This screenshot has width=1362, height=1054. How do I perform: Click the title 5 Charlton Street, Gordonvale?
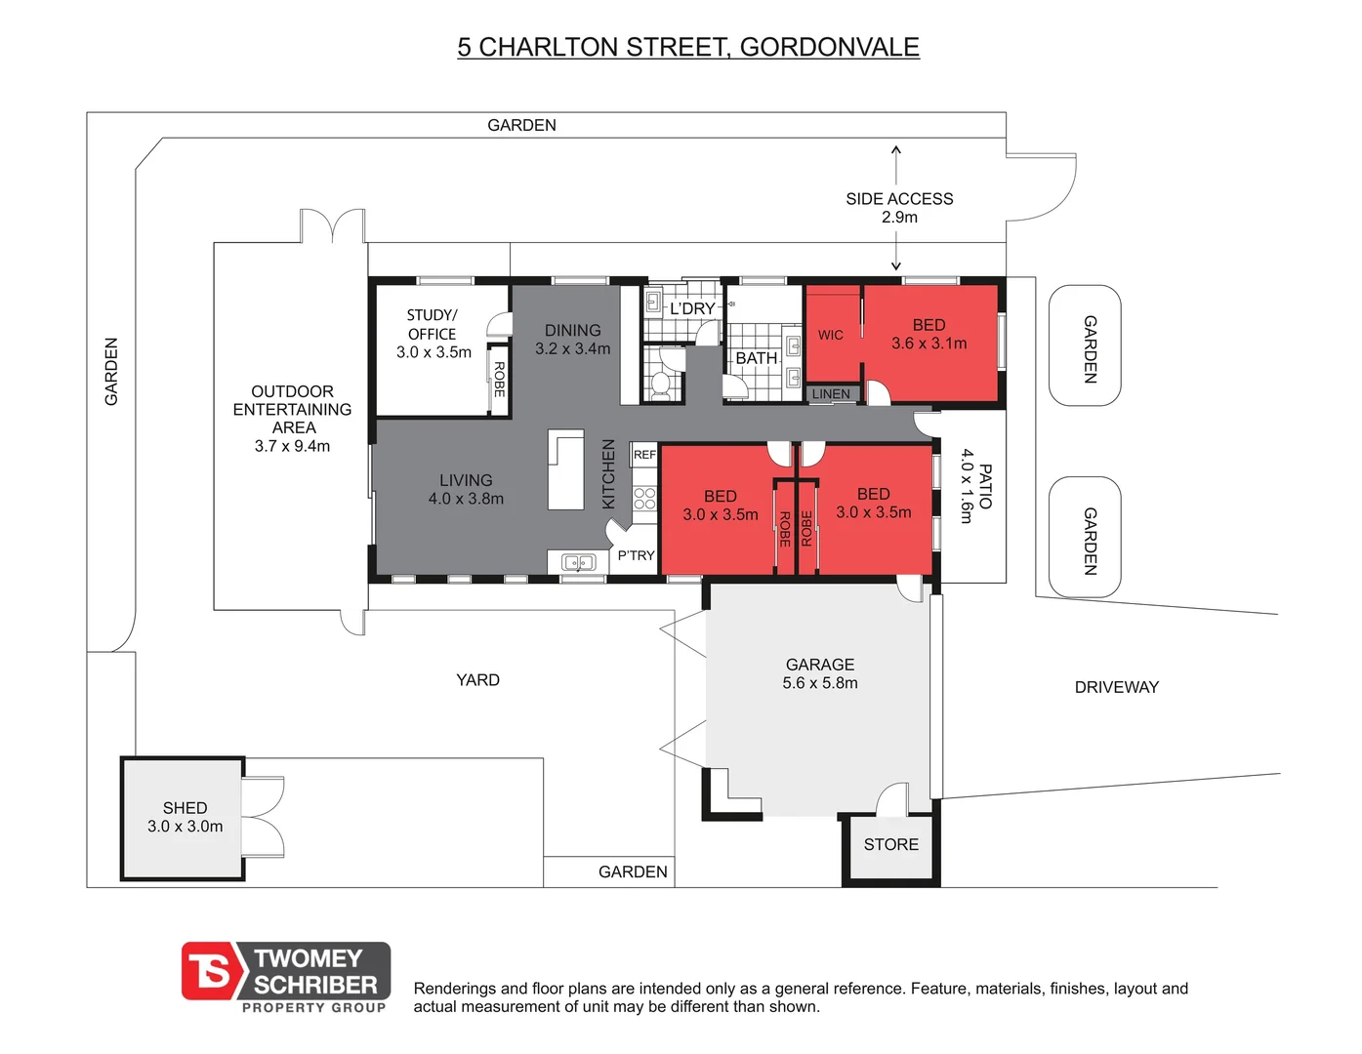click(687, 47)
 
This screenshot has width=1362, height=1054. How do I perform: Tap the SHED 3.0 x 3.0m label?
click(185, 817)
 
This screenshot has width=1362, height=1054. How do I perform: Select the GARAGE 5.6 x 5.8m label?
click(819, 673)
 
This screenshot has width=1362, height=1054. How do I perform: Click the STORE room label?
click(890, 844)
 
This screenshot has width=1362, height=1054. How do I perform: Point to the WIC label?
click(830, 335)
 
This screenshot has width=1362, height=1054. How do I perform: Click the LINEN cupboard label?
click(831, 393)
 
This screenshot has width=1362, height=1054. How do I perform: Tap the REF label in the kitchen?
click(644, 455)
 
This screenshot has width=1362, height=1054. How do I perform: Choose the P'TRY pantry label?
click(636, 555)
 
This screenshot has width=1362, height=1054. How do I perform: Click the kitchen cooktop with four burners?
click(644, 499)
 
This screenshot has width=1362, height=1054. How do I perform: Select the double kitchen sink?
click(579, 562)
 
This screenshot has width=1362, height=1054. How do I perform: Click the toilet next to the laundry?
click(661, 383)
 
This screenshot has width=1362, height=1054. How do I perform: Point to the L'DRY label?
click(691, 308)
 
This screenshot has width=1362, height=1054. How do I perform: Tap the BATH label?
click(756, 358)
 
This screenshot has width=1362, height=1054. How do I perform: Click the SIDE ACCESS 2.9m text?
click(898, 207)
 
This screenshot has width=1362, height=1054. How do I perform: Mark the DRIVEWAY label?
click(1116, 687)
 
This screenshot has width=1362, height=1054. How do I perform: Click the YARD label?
click(477, 680)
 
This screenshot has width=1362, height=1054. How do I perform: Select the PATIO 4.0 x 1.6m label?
click(974, 486)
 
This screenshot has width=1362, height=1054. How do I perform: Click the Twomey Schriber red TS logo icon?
click(212, 972)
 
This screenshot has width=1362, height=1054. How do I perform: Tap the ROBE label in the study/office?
click(499, 379)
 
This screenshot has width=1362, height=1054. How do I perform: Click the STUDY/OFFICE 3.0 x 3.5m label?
click(433, 334)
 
